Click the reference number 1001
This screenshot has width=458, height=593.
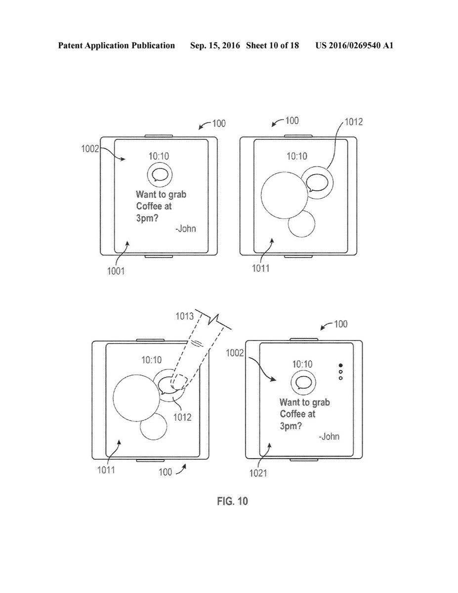[117, 270]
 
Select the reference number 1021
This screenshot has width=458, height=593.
[258, 473]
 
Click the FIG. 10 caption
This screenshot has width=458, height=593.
[232, 502]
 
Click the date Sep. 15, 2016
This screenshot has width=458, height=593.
[214, 46]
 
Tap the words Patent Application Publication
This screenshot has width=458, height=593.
[117, 46]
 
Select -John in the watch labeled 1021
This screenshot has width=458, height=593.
[329, 437]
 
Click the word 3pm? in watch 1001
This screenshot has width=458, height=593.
[147, 218]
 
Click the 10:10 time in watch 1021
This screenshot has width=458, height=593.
[302, 364]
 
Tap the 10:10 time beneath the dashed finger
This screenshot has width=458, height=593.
[151, 359]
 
